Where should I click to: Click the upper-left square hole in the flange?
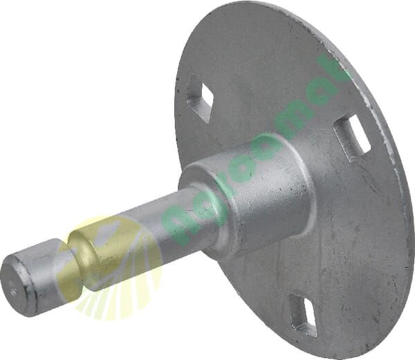click(x=199, y=97)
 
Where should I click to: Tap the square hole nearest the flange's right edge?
click(x=352, y=135)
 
